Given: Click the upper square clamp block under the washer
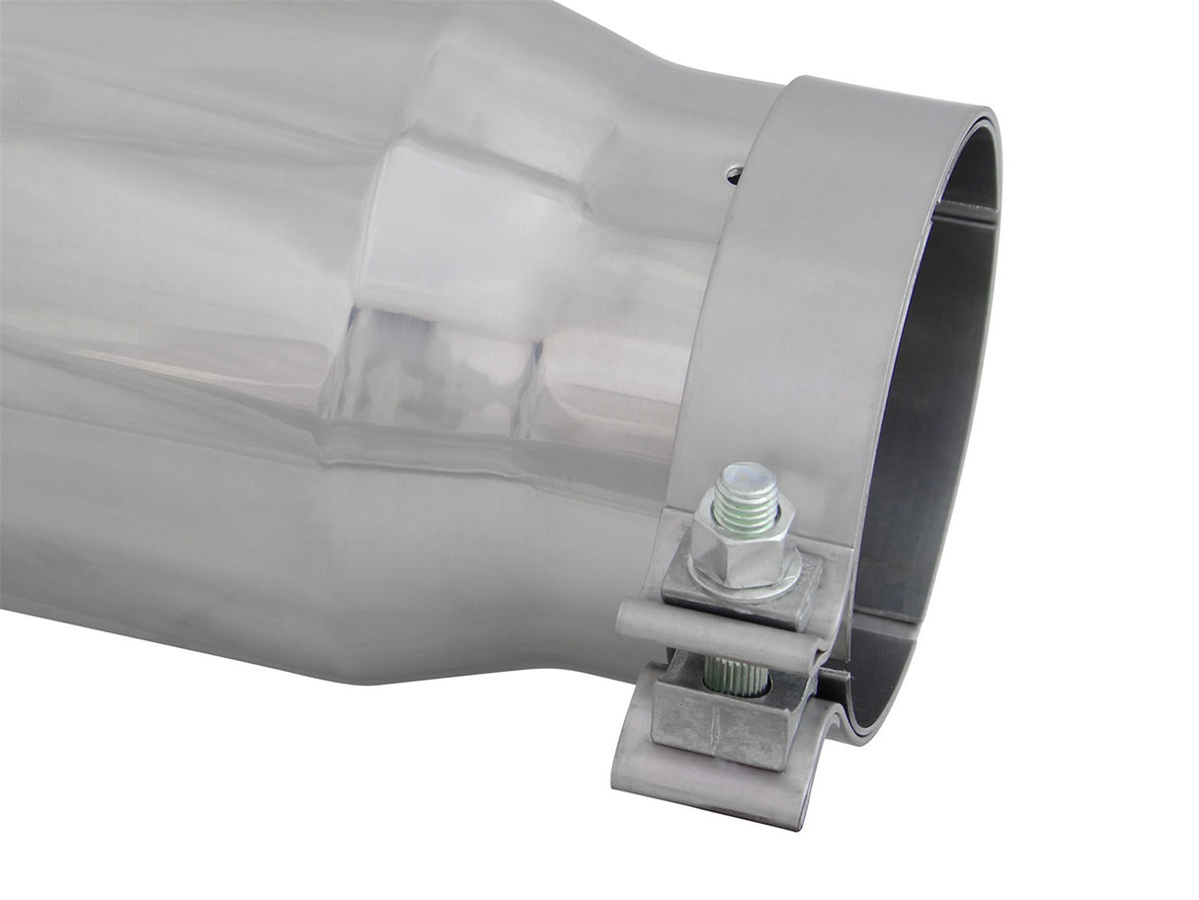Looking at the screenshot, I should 741,598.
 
